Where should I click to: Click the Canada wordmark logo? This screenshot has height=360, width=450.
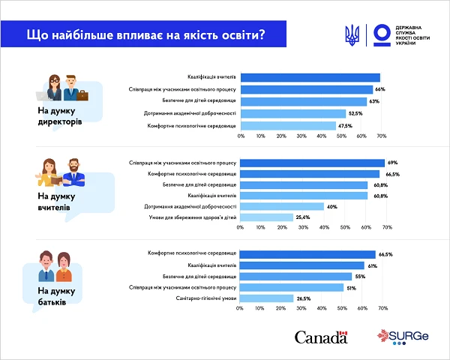321,337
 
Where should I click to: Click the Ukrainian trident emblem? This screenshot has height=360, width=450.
352,34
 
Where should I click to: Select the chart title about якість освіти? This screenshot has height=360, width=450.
146,34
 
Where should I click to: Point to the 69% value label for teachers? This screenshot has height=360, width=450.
391,162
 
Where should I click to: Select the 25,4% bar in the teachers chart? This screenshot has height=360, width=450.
266,217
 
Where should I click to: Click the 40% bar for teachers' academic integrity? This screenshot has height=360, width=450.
282,206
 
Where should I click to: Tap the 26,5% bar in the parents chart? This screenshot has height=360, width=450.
267,298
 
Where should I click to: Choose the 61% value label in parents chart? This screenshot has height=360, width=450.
371,265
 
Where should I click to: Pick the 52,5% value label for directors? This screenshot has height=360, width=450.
355,113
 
